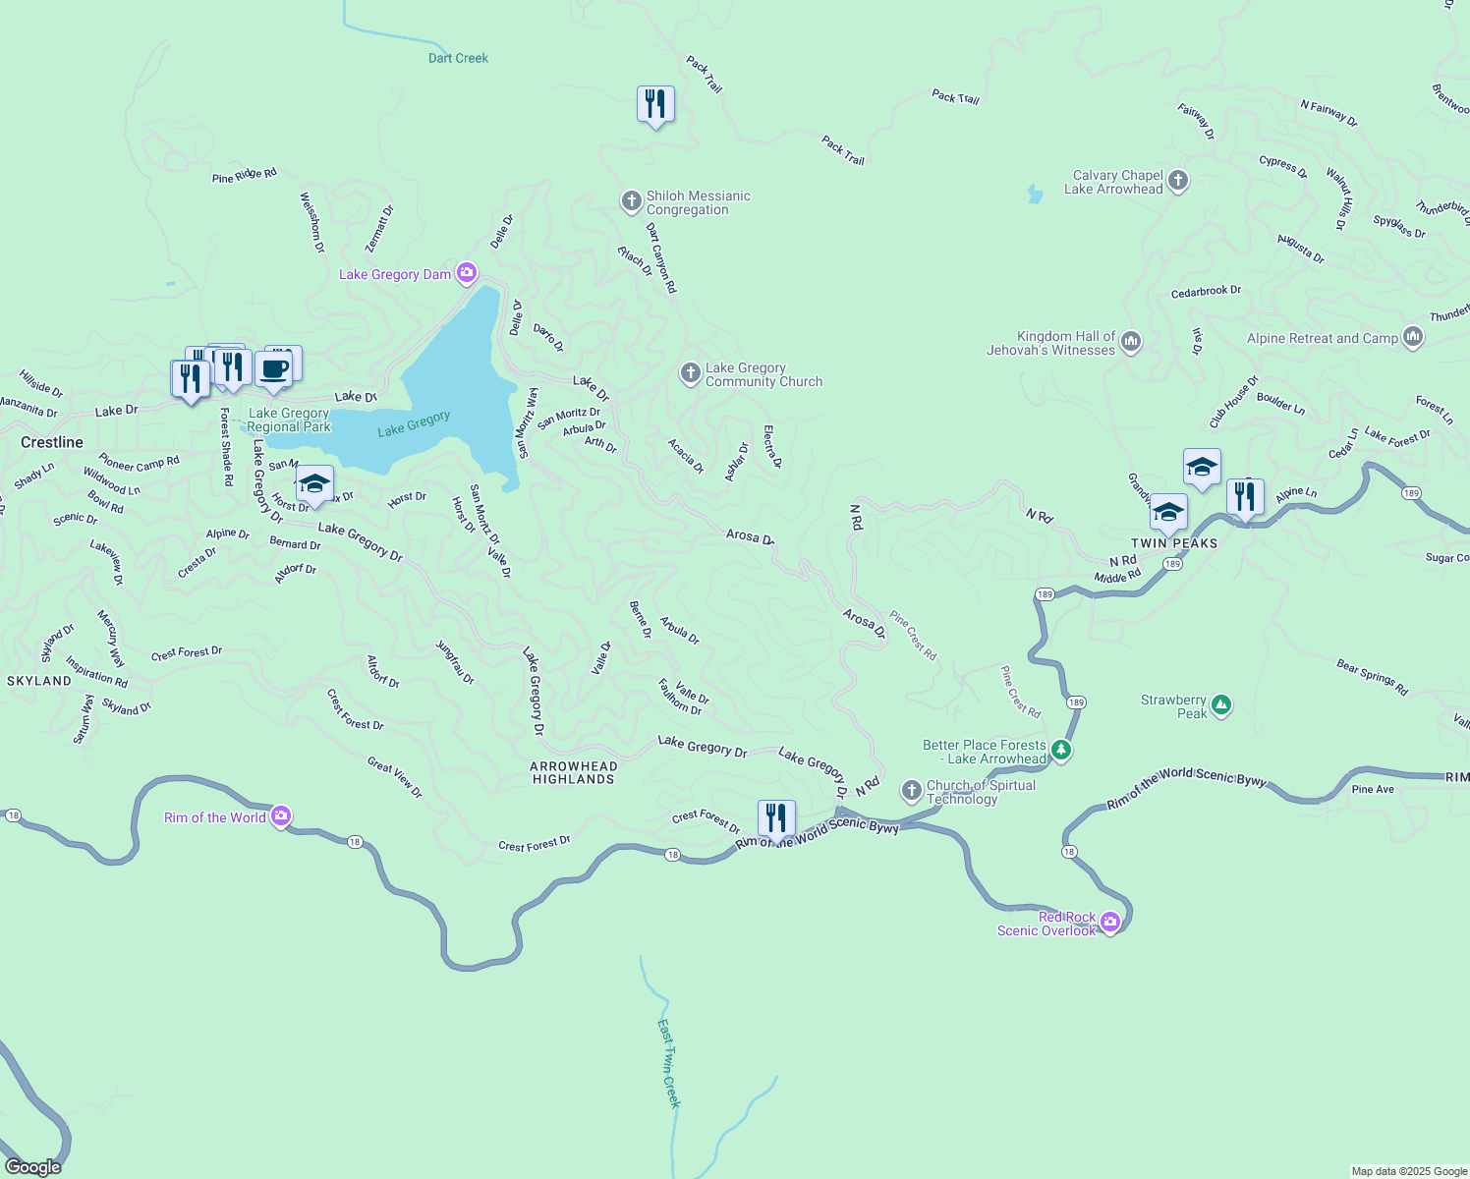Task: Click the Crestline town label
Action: point(52,442)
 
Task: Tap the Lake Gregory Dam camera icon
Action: point(467,272)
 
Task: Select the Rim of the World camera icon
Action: point(281,815)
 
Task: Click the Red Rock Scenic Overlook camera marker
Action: point(1110,922)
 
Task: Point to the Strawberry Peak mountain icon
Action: point(1221,704)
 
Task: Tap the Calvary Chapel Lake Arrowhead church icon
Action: point(1178,181)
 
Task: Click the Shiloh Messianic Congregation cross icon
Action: point(632,201)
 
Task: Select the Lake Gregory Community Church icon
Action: point(691,373)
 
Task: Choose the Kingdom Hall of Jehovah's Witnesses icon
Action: point(1131,342)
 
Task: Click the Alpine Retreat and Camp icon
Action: point(1413,337)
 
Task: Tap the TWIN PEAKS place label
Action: point(1174,543)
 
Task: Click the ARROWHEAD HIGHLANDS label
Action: point(574,772)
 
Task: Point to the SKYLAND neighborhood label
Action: point(39,681)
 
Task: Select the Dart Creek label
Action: point(458,58)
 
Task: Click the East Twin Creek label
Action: point(668,1063)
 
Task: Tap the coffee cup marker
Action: point(273,369)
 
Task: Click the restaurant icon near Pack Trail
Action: point(655,103)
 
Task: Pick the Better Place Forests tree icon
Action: point(1060,751)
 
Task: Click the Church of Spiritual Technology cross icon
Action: point(912,791)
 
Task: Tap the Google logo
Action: point(33,1167)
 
